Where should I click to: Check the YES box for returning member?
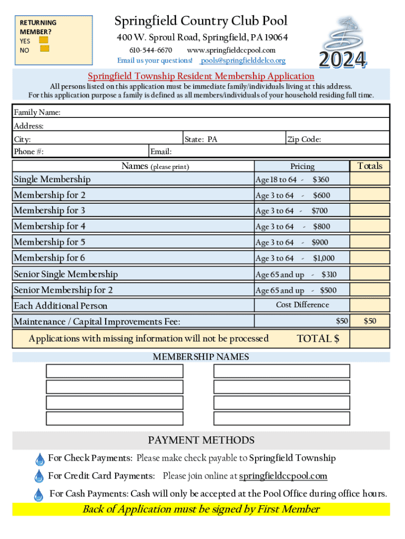click(44, 40)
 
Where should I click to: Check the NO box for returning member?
click(45, 49)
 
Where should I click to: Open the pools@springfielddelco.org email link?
click(243, 61)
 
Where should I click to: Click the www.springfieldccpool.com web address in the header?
click(231, 50)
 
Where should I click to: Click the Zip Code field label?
click(303, 139)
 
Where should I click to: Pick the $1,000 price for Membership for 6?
click(323, 258)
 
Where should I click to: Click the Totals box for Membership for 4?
click(370, 226)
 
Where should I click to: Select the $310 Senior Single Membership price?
click(329, 274)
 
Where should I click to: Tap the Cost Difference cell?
click(302, 305)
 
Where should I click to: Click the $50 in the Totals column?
click(370, 321)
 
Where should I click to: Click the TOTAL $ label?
click(318, 338)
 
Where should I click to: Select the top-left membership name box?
click(115, 371)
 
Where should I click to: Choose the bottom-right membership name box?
click(281, 418)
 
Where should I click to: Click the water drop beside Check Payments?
click(39, 459)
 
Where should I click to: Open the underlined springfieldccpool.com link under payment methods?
click(283, 476)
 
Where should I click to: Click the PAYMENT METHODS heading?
click(201, 440)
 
